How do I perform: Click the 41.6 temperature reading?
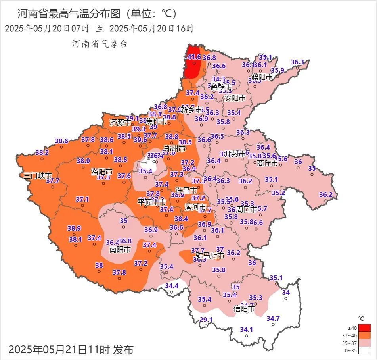point(194,57)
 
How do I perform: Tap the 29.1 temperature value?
point(206,320)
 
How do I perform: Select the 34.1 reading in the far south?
point(247,329)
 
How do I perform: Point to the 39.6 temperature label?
point(140,140)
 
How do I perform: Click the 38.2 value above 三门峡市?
point(42,152)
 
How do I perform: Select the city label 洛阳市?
point(102,172)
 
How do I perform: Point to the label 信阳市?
point(244,308)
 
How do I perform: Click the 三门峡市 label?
point(38,175)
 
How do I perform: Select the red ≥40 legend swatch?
point(365,328)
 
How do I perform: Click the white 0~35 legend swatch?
point(365,350)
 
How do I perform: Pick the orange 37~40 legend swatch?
point(365,335)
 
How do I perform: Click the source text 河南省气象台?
point(100,44)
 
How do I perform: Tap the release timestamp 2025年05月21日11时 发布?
point(71,350)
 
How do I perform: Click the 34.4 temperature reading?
point(172,285)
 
